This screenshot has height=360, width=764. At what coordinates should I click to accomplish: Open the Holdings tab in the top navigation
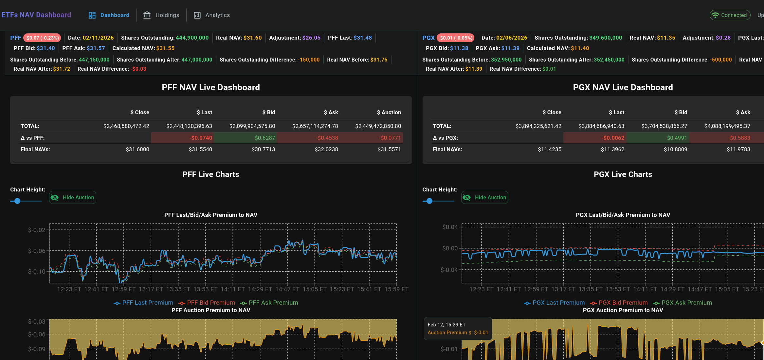161,15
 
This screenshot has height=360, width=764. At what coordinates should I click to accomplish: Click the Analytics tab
212,15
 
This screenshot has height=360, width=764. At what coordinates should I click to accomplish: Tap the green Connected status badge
730,15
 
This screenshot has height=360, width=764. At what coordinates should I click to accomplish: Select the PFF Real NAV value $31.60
252,38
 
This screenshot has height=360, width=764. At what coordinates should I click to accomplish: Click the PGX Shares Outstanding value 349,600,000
606,38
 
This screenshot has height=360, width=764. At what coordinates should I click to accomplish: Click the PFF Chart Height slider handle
17,201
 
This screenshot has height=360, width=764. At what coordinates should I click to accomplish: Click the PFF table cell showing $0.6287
264,138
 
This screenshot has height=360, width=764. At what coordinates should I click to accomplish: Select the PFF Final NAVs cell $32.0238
326,149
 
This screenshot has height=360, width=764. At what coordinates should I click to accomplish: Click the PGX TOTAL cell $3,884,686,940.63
601,126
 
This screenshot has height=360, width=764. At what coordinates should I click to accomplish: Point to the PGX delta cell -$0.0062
612,138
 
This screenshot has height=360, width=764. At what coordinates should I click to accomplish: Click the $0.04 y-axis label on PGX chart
449,227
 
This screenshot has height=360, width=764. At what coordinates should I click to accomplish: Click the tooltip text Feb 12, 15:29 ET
446,325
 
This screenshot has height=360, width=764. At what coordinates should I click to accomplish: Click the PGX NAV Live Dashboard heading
623,87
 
